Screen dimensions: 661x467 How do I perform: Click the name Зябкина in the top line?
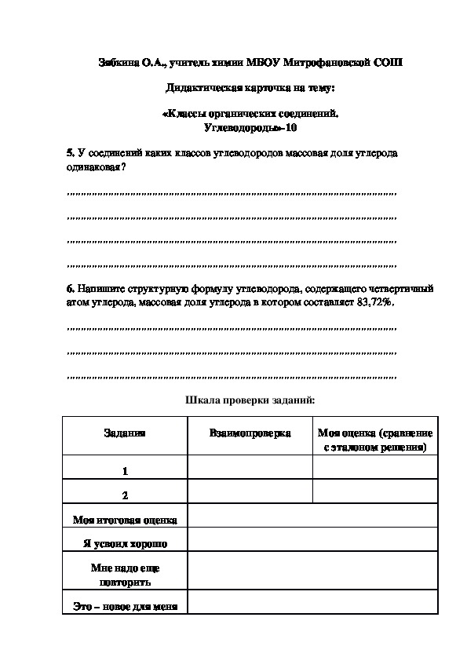coord(119,63)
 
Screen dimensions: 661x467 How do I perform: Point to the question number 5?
coord(70,153)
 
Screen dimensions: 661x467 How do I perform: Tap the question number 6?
coord(70,288)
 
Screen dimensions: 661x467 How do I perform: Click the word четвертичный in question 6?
coord(402,288)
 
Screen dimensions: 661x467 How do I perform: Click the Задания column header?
coord(124,433)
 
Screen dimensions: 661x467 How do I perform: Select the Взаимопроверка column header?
coord(250,433)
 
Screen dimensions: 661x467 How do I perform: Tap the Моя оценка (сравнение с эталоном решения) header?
coord(375,440)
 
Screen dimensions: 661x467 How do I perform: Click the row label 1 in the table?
coord(124,471)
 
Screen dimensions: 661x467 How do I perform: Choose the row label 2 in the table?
coord(124,495)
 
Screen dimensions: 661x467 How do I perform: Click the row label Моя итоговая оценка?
coord(124,520)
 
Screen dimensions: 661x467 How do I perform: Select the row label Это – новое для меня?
coord(124,606)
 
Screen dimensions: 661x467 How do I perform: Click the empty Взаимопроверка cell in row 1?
coord(250,467)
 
